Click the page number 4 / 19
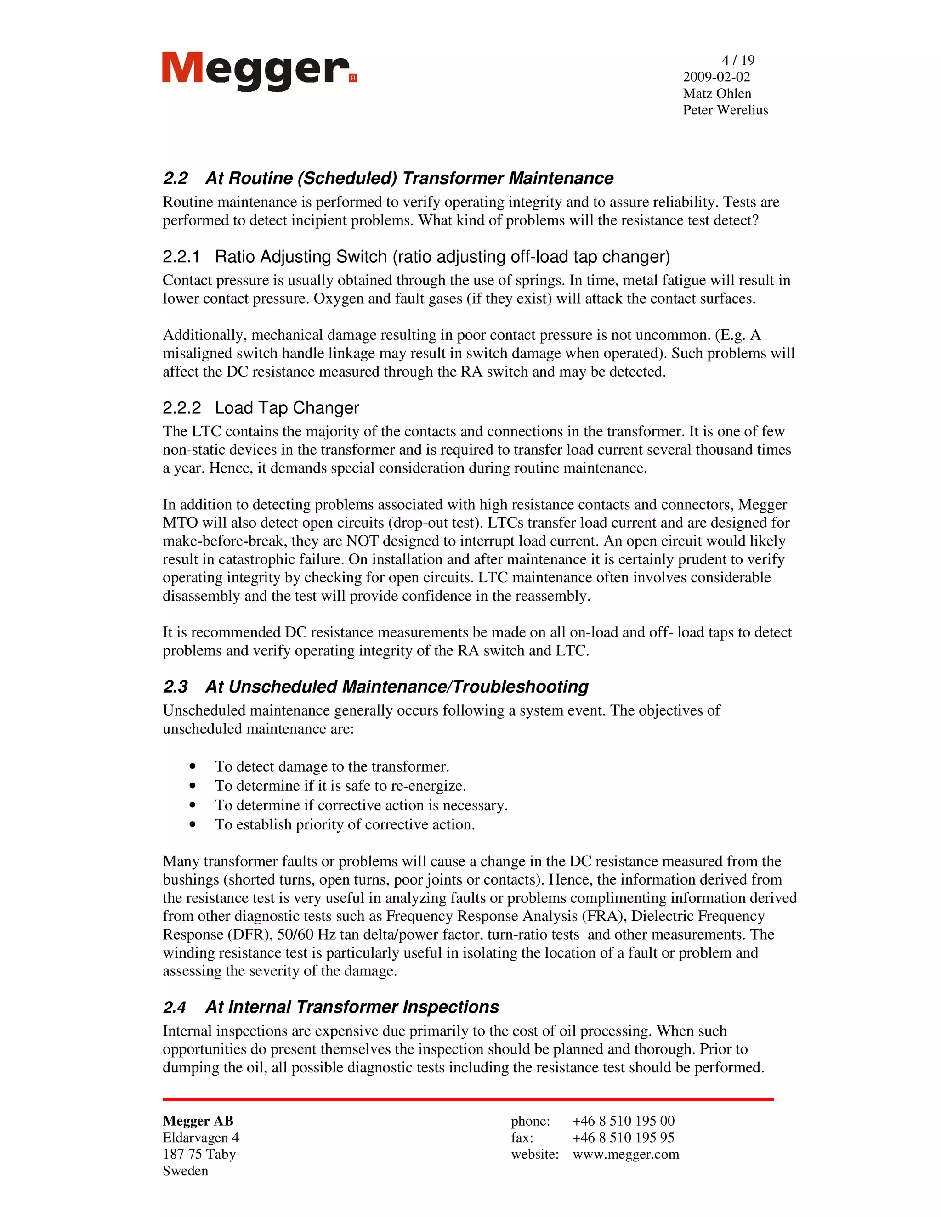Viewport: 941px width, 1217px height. (737, 60)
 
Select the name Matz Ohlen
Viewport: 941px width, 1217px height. (717, 94)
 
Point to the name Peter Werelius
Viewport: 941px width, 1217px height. (725, 110)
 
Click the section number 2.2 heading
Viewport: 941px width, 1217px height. (176, 178)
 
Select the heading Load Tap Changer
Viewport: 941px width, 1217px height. (287, 408)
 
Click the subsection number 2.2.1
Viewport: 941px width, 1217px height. (181, 257)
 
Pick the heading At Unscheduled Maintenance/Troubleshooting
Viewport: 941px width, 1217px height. (397, 687)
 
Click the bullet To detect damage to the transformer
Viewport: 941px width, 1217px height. (332, 767)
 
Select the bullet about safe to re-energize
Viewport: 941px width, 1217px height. (340, 786)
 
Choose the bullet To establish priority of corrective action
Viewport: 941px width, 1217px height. (345, 825)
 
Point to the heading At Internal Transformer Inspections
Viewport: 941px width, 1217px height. (352, 1007)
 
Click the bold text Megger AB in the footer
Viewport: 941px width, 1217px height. (198, 1121)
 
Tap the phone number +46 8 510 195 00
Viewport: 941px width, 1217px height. (623, 1121)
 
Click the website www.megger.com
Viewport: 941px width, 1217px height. (625, 1154)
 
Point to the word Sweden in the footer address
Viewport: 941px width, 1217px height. (185, 1171)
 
